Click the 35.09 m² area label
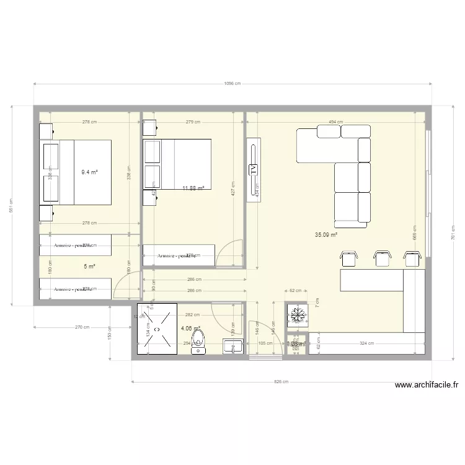click(325, 235)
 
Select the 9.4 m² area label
click(90, 172)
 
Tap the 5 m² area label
click(89, 267)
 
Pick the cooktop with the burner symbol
click(297, 316)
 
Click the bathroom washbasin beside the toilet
click(234, 347)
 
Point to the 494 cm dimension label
click(336, 122)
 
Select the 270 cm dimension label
click(82, 327)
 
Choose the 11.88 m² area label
click(193, 188)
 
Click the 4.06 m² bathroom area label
click(190, 329)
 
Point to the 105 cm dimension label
click(266, 343)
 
